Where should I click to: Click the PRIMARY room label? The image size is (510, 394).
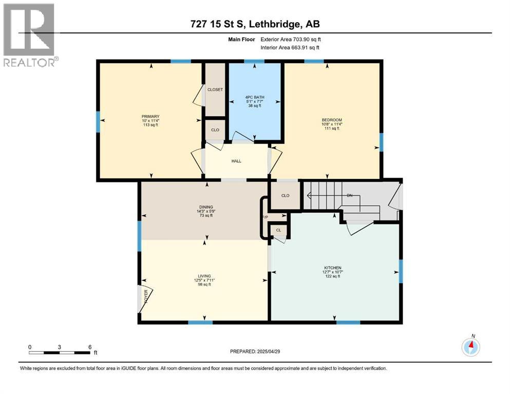(150, 116)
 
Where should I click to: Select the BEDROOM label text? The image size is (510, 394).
(331, 120)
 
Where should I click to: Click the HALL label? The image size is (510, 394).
(236, 161)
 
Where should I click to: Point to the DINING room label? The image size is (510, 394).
(206, 207)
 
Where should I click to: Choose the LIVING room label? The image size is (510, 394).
(206, 275)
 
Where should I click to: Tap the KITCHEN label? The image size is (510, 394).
(333, 268)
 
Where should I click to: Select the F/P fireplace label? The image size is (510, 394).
(265, 218)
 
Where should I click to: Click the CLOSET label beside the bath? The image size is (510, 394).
(215, 90)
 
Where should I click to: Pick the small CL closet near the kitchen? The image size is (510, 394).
(278, 231)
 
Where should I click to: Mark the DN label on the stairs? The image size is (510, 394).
(349, 196)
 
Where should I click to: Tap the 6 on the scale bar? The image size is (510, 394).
(90, 347)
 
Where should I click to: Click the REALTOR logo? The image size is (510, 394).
(29, 34)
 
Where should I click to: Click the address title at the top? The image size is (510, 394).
(255, 24)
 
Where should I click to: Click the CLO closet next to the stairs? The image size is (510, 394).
(286, 195)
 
